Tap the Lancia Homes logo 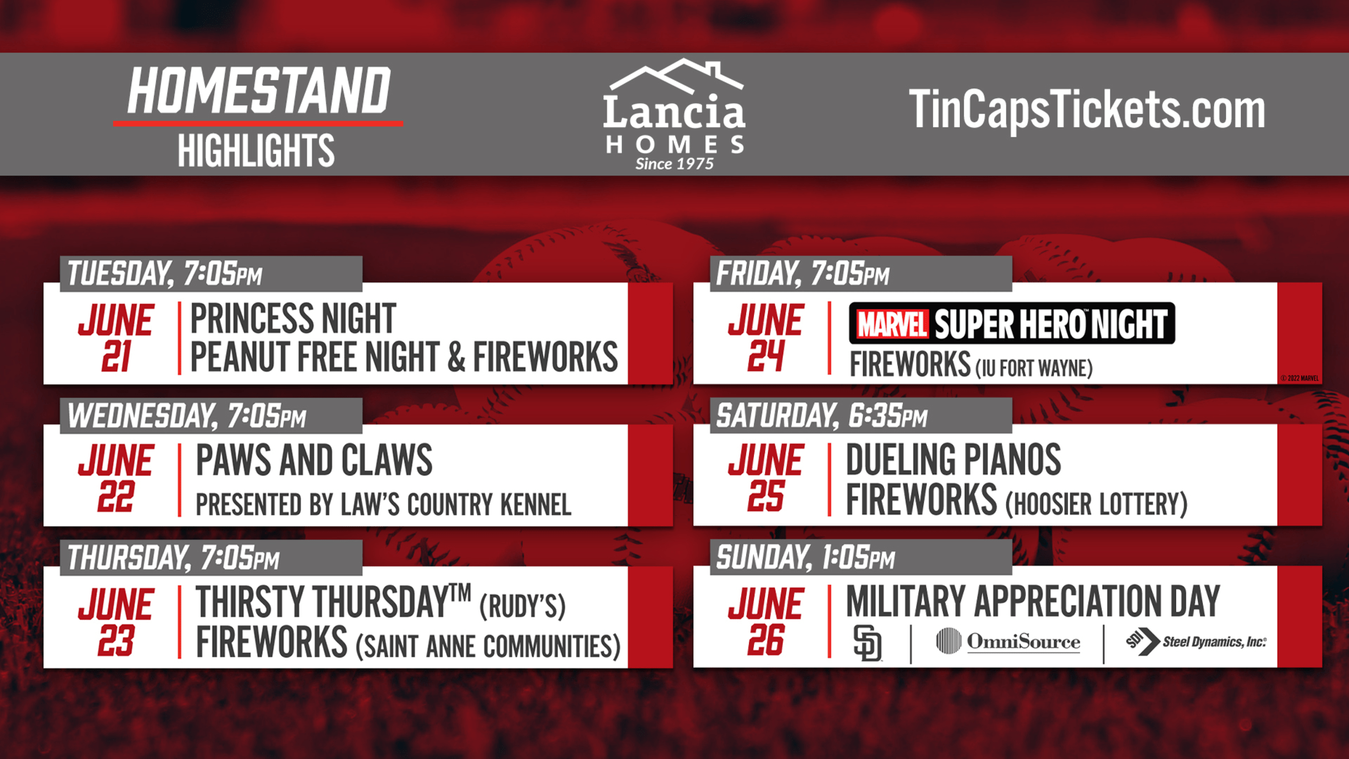click(x=674, y=114)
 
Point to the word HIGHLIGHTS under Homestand click(x=256, y=150)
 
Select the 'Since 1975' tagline click(x=674, y=164)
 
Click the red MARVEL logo click(x=891, y=324)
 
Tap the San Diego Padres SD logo click(x=867, y=643)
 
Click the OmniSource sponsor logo click(x=1008, y=642)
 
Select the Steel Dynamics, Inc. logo click(x=1196, y=642)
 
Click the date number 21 click(x=116, y=356)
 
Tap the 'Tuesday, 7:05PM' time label click(x=164, y=274)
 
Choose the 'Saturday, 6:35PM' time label click(x=822, y=416)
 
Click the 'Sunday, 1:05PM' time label click(x=805, y=558)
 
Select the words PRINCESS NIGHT click(x=293, y=318)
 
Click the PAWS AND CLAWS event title click(x=314, y=460)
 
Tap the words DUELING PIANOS click(x=953, y=460)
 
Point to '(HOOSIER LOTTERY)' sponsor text click(x=1097, y=504)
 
